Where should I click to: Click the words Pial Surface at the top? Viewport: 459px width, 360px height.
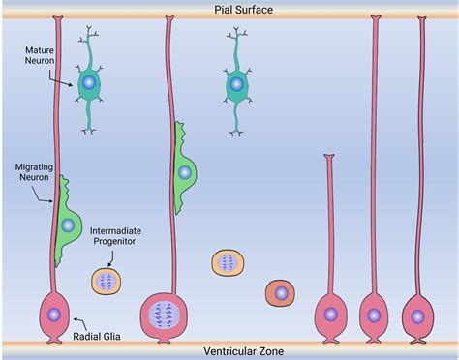tap(229, 10)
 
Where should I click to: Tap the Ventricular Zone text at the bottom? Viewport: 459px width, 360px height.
tap(229, 350)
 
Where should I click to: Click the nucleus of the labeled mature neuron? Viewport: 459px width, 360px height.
tap(88, 83)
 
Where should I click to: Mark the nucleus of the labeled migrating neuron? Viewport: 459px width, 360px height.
tap(67, 225)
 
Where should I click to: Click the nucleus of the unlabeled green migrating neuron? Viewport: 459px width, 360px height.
tap(184, 171)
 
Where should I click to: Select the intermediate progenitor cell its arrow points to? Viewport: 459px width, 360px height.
tap(106, 282)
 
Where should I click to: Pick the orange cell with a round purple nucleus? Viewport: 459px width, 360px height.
tap(281, 291)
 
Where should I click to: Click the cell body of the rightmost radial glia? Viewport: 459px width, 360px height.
tap(418, 314)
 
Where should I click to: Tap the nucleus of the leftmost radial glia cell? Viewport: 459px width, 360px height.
tap(55, 315)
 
